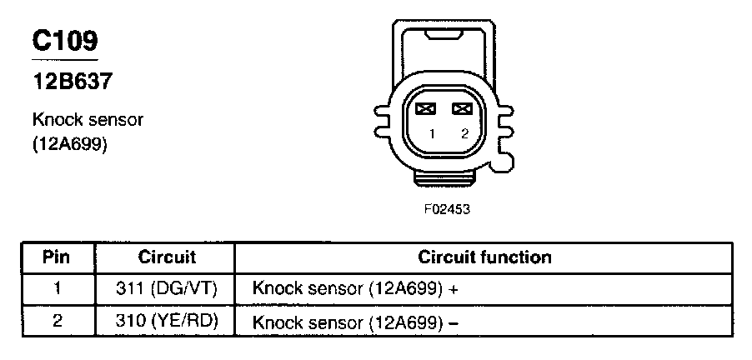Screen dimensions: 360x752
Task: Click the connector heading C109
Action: point(64,41)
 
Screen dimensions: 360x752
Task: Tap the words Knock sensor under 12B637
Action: point(88,119)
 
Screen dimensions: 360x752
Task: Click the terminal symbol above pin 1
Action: point(426,108)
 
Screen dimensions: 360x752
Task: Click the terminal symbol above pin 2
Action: point(462,108)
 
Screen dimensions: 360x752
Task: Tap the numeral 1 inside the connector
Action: point(432,133)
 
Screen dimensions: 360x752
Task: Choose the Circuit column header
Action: point(167,257)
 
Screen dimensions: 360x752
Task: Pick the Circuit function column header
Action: point(484,257)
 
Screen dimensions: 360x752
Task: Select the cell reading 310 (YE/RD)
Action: point(167,321)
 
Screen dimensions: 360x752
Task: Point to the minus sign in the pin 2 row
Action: point(454,322)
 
